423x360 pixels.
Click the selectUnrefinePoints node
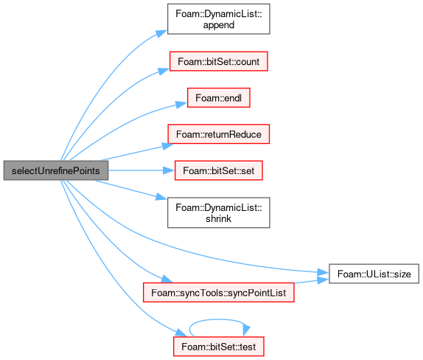(56, 170)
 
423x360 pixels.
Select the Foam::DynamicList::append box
(219, 19)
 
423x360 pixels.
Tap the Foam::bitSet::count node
(219, 61)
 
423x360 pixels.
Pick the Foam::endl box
(219, 98)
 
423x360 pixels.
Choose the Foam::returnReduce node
(219, 134)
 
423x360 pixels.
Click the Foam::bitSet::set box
(219, 170)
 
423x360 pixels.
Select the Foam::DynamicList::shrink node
(219, 212)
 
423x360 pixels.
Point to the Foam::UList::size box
(374, 274)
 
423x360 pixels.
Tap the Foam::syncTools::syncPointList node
(219, 292)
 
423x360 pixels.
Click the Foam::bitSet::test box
(219, 347)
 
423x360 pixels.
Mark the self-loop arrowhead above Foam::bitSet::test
(246, 330)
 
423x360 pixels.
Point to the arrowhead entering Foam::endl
(181, 104)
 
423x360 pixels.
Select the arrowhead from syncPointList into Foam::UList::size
(324, 280)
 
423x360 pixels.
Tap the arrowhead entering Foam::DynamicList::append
(161, 33)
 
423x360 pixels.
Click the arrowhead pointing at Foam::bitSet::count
(164, 72)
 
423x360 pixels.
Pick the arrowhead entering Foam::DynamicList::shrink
(161, 197)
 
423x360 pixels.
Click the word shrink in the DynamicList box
(219, 218)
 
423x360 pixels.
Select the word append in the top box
(219, 25)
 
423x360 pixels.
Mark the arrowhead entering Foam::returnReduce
(168, 146)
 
